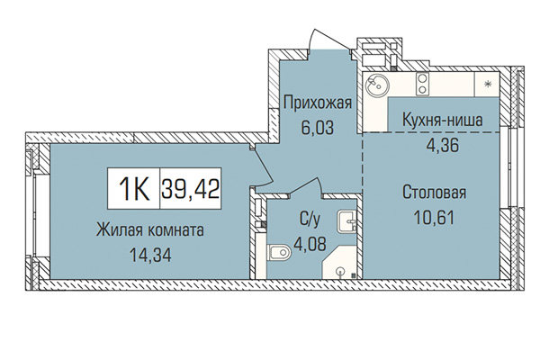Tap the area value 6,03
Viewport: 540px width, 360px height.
(317, 127)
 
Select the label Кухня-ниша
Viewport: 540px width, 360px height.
(435, 119)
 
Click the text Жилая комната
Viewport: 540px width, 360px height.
(150, 229)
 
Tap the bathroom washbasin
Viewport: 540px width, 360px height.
(346, 222)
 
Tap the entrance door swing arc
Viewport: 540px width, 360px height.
(320, 40)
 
